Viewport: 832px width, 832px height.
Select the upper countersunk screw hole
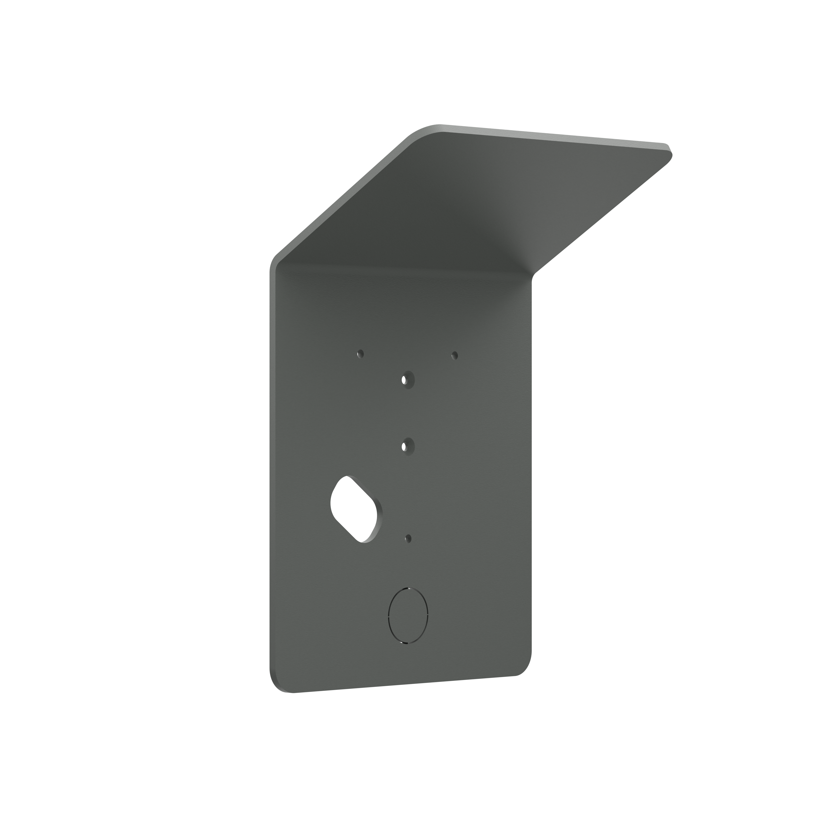405,380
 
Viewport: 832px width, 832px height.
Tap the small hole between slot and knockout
409,538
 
